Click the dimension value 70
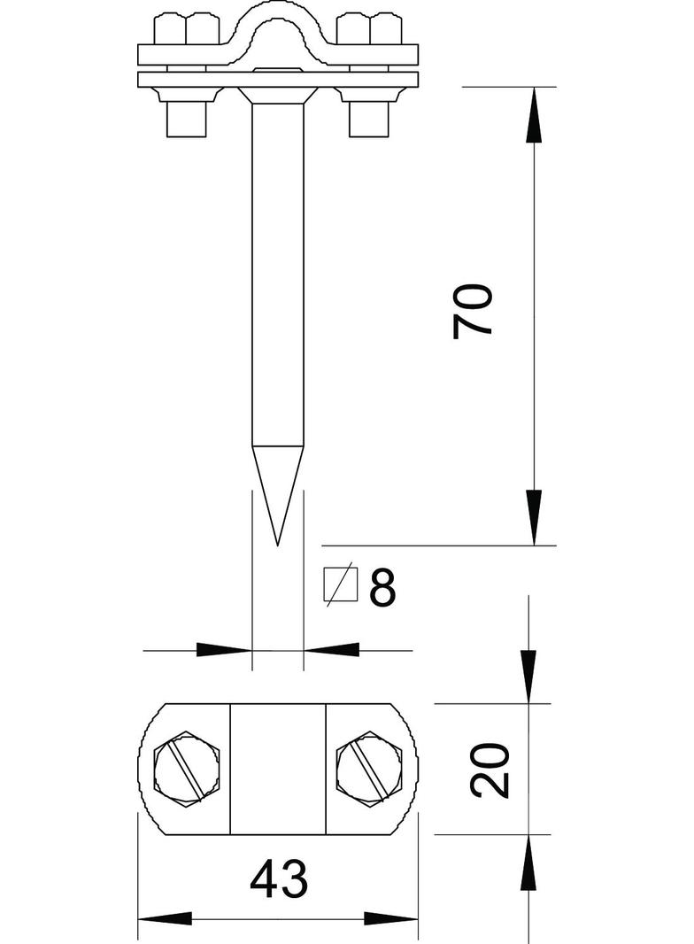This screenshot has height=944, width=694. pos(472,311)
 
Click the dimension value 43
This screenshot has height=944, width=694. pos(278,880)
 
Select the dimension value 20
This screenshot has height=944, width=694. pos(490,770)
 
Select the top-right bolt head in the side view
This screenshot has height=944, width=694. pos(369,30)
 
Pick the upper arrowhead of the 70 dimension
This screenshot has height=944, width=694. pos(533,115)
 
